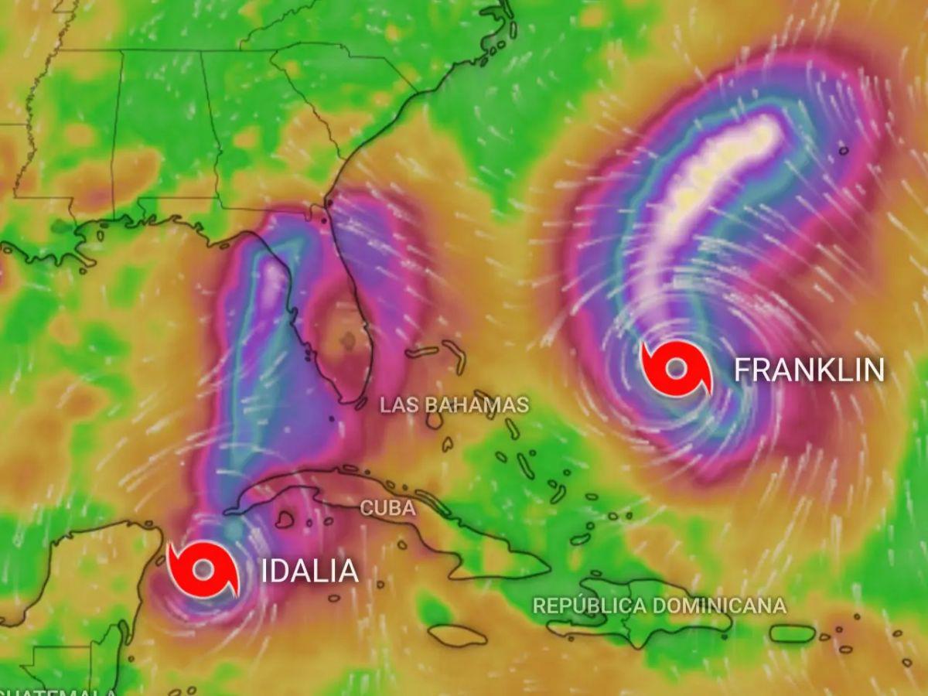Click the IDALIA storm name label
(309, 571)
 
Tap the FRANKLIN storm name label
(808, 370)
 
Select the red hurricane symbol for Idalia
(203, 570)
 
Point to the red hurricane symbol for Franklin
(675, 369)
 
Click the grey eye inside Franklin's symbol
(675, 369)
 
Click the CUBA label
(387, 508)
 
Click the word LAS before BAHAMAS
(399, 404)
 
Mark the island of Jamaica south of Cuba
(457, 636)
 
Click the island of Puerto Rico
(792, 633)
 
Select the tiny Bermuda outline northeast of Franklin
(843, 150)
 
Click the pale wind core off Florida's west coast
(272, 286)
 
